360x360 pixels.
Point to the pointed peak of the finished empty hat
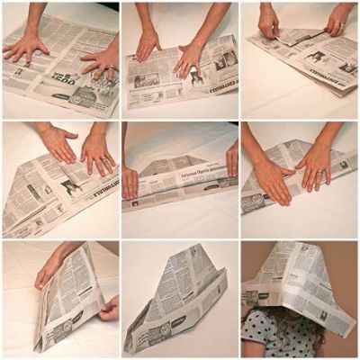tap(196, 251)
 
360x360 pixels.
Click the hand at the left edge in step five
tap(130, 184)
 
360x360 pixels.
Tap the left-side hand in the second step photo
tap(148, 45)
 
